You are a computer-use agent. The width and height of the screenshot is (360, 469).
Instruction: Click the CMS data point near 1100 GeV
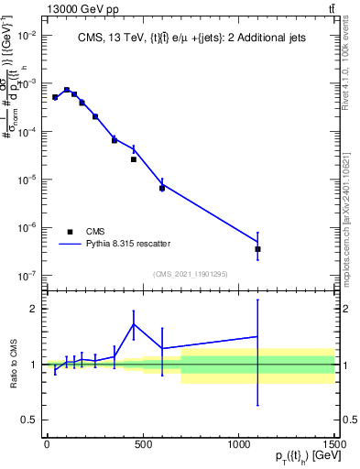coord(257,248)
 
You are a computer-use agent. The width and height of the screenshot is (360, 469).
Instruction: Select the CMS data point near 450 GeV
coord(133,159)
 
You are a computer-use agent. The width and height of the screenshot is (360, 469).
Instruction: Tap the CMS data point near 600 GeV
coord(162,188)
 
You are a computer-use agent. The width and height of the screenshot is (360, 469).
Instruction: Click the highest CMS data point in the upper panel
coord(67,90)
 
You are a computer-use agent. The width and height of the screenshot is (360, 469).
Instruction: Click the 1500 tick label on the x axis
coord(334,444)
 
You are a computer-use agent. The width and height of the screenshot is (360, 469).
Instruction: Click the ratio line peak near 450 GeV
coord(133,324)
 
